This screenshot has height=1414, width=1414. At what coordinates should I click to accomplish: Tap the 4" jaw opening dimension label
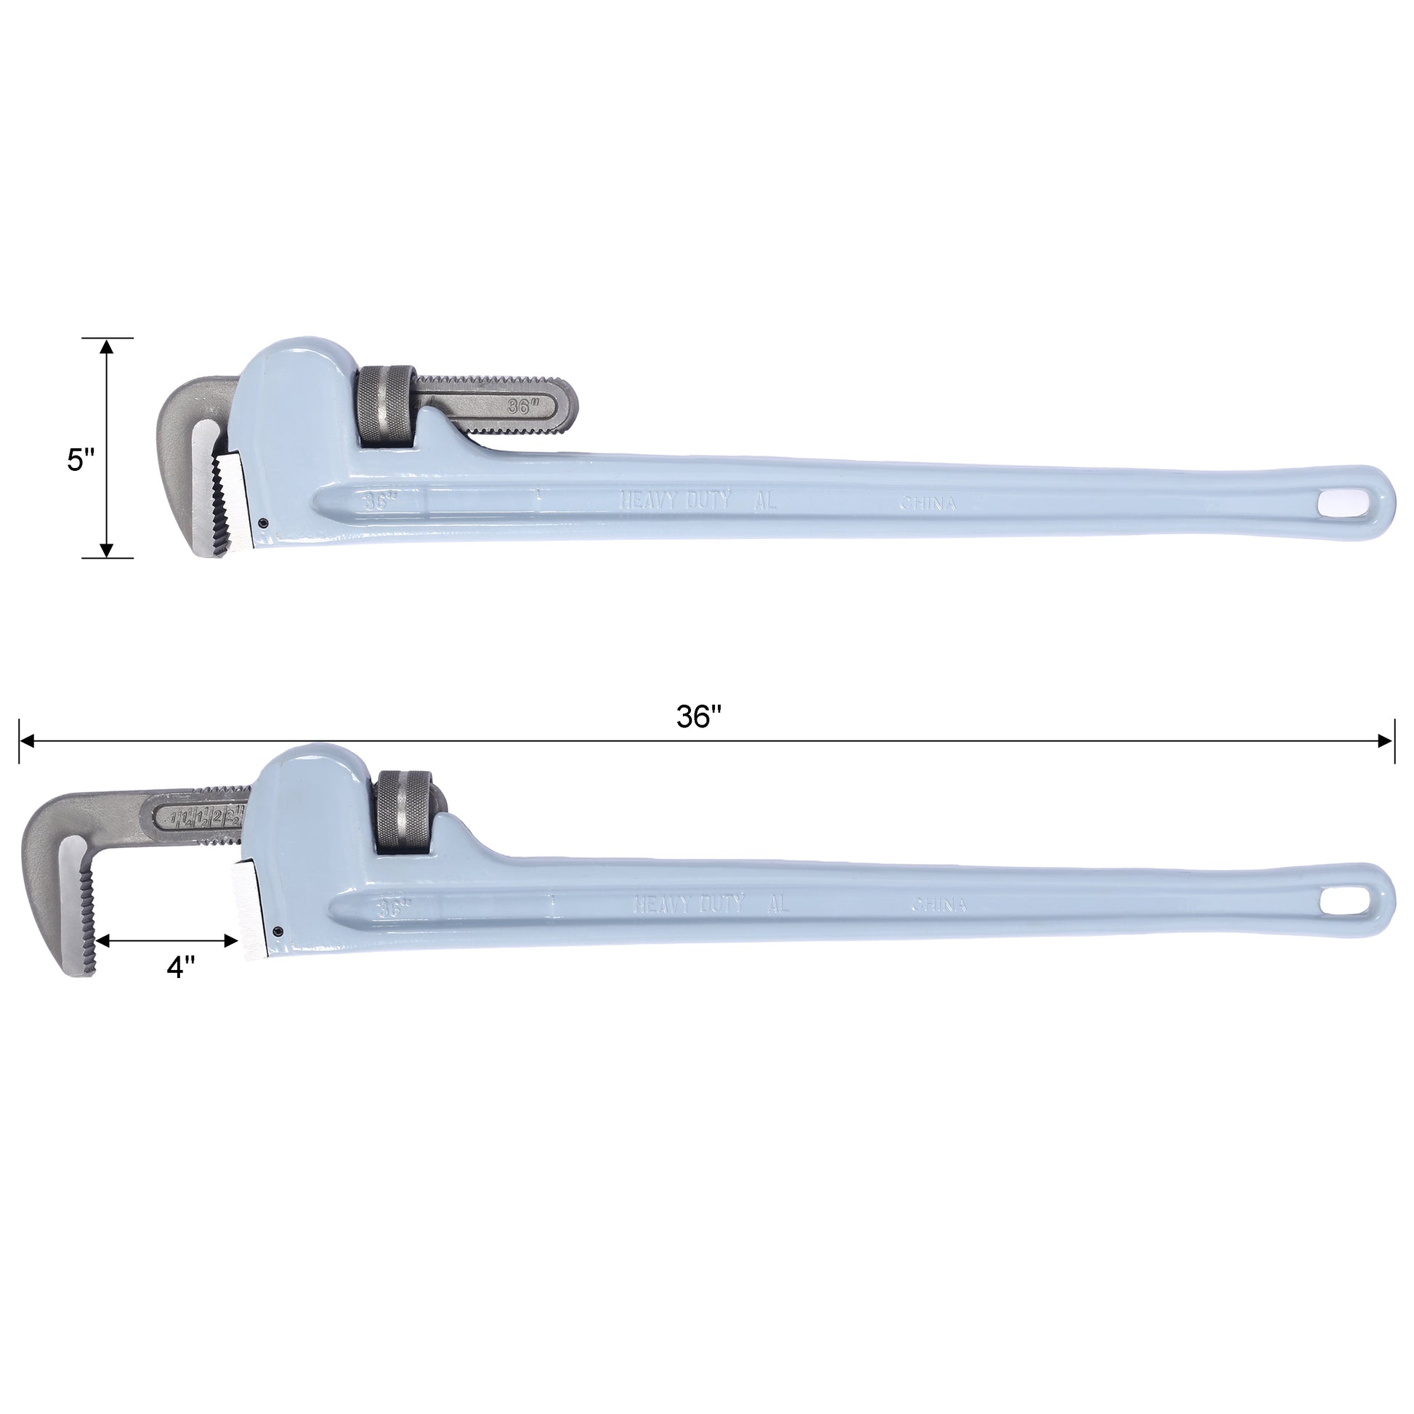point(180,968)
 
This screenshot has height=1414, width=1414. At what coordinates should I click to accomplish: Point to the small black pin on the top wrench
point(263,522)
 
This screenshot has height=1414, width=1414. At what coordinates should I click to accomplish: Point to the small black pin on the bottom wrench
point(278,930)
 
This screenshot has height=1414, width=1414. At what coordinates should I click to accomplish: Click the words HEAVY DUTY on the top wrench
point(675,501)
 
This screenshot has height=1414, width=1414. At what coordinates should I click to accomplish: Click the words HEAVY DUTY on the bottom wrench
point(689,905)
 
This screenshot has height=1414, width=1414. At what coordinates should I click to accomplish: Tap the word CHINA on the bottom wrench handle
point(938,906)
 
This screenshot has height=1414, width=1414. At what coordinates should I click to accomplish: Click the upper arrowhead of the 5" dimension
point(107,347)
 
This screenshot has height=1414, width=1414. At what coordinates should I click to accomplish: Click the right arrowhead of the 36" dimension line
point(1385,741)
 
